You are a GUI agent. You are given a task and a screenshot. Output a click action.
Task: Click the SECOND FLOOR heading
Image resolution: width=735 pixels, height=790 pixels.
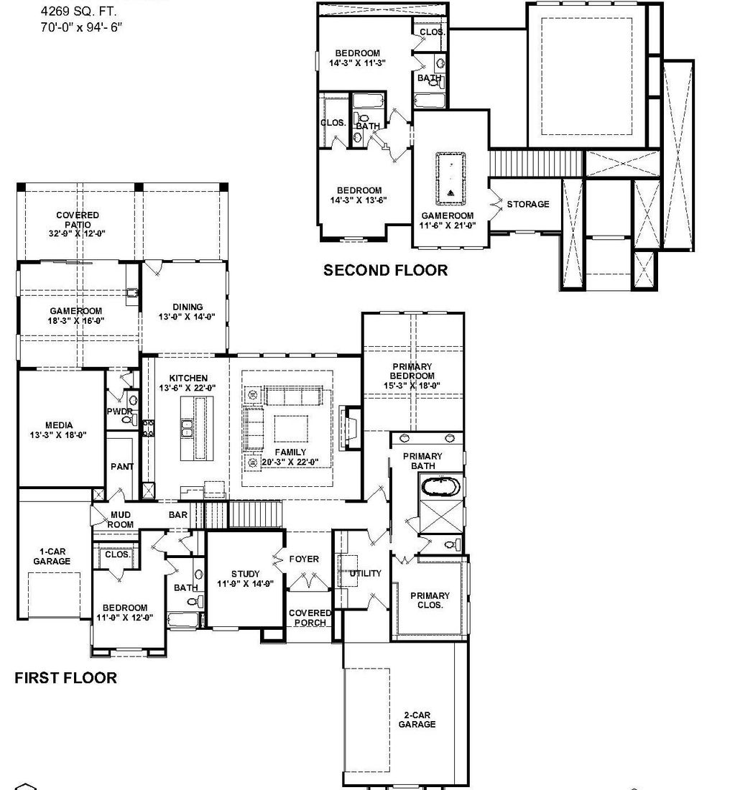[x=385, y=270]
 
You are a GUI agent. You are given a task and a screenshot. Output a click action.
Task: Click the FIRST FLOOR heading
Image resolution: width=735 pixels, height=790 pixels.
[x=65, y=677]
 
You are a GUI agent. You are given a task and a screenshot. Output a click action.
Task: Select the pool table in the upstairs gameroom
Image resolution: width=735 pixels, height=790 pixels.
[x=450, y=176]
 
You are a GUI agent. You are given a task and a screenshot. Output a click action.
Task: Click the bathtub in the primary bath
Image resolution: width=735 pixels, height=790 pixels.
[x=439, y=488]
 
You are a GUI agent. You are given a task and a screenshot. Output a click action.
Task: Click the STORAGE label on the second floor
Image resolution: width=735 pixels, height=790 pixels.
[x=527, y=205]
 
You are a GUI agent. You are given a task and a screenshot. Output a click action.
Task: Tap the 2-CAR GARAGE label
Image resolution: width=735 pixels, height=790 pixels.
[x=417, y=720]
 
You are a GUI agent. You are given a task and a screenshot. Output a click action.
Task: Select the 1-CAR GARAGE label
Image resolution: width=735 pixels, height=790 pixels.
[x=51, y=556]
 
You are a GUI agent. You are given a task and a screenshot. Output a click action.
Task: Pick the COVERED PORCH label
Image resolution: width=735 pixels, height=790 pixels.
[x=310, y=618]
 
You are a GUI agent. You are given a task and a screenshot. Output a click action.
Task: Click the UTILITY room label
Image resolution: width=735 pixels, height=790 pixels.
[x=365, y=573]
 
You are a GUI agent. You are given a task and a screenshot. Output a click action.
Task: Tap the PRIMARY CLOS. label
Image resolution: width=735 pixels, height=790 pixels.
[x=430, y=600]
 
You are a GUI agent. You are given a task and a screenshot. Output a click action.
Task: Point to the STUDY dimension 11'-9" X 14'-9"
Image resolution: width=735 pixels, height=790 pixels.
[x=245, y=584]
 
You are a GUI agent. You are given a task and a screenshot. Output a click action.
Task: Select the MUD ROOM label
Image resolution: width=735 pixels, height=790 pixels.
[x=120, y=519]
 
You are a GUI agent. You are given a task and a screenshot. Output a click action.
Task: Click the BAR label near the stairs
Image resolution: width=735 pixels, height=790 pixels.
[x=177, y=515]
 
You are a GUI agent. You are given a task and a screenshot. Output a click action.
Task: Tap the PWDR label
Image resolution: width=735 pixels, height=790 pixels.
[x=119, y=412]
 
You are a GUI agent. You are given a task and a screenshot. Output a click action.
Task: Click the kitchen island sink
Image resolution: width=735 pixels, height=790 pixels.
[x=185, y=429]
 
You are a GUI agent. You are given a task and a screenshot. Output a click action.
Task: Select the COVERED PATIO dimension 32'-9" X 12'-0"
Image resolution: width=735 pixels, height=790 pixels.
[x=78, y=234]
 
